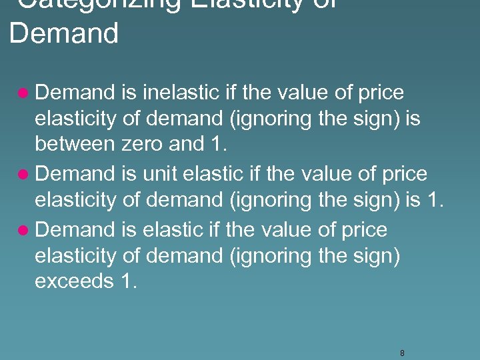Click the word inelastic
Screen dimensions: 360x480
tap(175, 93)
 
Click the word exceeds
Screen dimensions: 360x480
tap(74, 281)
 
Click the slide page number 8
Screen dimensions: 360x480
tap(402, 353)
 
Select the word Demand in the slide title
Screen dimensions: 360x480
tap(64, 33)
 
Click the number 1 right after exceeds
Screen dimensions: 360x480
tap(129, 281)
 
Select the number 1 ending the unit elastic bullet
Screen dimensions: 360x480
tap(433, 199)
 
